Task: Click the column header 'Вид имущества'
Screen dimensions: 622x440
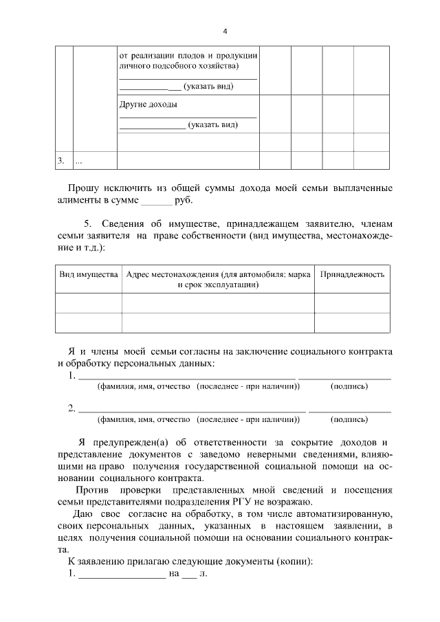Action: pos(89,274)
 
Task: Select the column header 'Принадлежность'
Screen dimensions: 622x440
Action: pos(352,274)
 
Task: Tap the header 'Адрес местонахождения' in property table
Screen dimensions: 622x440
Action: pos(218,274)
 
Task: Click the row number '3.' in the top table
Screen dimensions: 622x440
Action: pos(60,160)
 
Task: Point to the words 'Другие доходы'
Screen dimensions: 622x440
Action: pos(148,104)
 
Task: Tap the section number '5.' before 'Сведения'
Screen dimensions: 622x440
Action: pos(87,223)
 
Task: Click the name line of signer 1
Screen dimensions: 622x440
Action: pos(186,377)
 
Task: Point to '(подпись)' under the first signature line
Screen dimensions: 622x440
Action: pos(349,386)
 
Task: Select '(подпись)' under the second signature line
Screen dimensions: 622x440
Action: pos(349,419)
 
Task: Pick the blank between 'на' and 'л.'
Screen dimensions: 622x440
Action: pos(188,574)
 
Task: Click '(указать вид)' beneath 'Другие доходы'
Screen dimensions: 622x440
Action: pos(213,125)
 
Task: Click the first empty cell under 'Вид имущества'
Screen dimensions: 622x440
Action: pos(89,303)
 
